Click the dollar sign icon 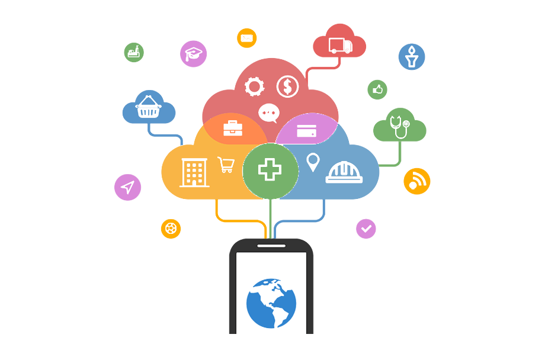[x=288, y=86]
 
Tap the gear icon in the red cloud [x=254, y=87]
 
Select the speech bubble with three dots [x=269, y=112]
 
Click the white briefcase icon [x=233, y=128]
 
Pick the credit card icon [x=306, y=131]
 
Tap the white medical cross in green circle [x=270, y=170]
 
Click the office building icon [x=194, y=172]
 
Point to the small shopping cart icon [x=226, y=165]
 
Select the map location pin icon [x=313, y=162]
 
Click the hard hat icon [x=344, y=172]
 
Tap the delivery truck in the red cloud [x=340, y=46]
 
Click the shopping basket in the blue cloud [x=149, y=108]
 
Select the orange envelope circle [x=247, y=38]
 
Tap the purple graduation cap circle [x=193, y=54]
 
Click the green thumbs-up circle [x=377, y=90]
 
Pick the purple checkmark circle [x=366, y=228]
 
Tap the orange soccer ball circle [x=171, y=229]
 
